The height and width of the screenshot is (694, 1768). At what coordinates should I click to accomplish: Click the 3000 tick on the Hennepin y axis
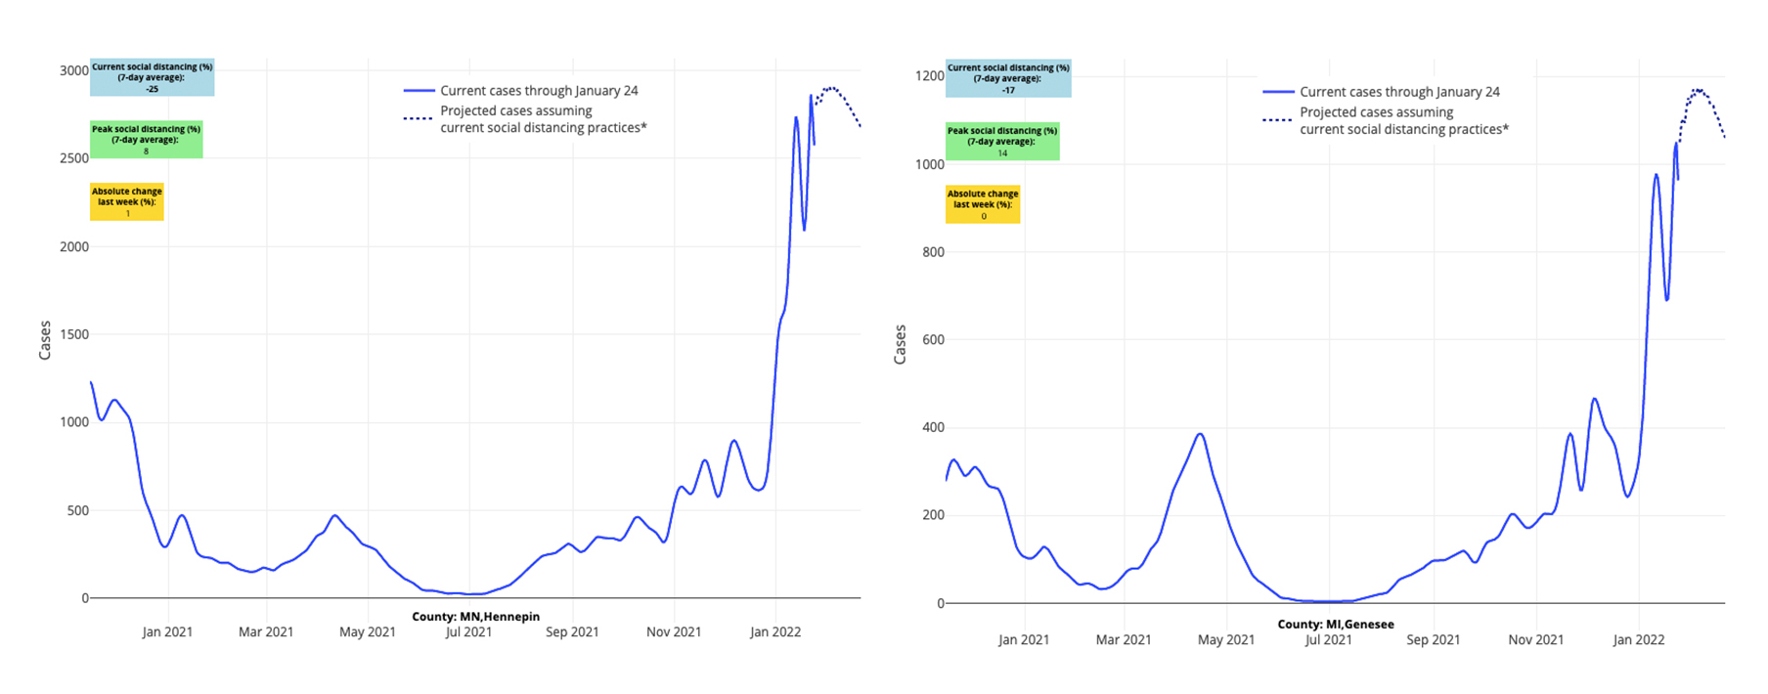(73, 70)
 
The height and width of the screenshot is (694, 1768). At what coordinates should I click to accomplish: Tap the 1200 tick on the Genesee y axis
(930, 75)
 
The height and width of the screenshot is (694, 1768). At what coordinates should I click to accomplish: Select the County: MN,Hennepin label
(475, 617)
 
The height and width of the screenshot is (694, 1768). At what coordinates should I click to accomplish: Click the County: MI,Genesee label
(1335, 624)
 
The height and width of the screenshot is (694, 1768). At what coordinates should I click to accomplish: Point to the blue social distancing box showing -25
(152, 78)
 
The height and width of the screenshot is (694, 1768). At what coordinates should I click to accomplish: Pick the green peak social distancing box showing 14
(1001, 142)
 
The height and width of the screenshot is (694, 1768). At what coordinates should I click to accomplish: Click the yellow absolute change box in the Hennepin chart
(127, 202)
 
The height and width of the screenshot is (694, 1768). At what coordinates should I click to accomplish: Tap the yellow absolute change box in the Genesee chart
(983, 204)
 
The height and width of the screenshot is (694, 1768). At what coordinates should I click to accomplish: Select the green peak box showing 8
(146, 140)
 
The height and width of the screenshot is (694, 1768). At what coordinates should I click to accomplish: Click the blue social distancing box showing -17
(1008, 79)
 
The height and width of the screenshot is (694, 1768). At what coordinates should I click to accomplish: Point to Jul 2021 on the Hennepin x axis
(468, 632)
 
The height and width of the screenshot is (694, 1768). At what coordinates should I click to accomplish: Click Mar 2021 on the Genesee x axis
(1123, 640)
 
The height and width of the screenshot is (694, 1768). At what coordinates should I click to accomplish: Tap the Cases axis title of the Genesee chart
(900, 345)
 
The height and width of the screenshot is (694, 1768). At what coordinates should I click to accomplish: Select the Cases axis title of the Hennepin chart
(45, 340)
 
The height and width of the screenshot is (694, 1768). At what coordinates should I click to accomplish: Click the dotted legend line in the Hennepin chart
(418, 118)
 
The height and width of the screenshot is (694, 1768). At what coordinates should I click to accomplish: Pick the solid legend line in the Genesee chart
(1278, 92)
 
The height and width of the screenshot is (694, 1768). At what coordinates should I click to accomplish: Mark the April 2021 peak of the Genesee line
(1200, 434)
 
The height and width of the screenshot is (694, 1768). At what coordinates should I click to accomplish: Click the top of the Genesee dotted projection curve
(1699, 90)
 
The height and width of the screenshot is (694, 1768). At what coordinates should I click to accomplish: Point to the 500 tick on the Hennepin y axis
(77, 510)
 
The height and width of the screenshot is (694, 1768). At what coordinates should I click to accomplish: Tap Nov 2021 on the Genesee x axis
(1535, 640)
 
